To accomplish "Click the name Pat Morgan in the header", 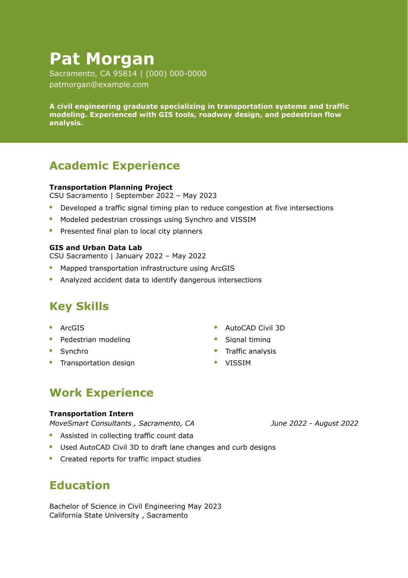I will pos(102,59).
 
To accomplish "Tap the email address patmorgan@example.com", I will pos(99,85).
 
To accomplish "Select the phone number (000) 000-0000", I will pos(176,74).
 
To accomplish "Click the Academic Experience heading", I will pos(115,166).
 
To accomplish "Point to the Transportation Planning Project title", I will pos(111,187).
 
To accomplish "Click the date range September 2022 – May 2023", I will pos(166,196).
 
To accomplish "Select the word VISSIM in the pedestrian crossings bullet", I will pos(243,220).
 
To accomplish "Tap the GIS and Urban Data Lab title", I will pos(96,248).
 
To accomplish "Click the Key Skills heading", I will pos(79,307).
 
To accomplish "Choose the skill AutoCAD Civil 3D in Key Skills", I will pos(255,328).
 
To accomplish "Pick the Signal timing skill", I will pos(248,340).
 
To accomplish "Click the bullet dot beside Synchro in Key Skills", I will pos(51,351).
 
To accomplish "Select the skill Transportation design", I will pos(97,363).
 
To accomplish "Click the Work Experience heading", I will pos(101,393).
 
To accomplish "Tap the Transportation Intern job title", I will pos(91,414).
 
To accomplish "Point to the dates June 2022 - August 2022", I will pos(314,424).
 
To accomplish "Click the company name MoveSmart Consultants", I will pos(91,424).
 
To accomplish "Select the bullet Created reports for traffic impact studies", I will pos(131,459).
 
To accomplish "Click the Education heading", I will pos(80,486).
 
